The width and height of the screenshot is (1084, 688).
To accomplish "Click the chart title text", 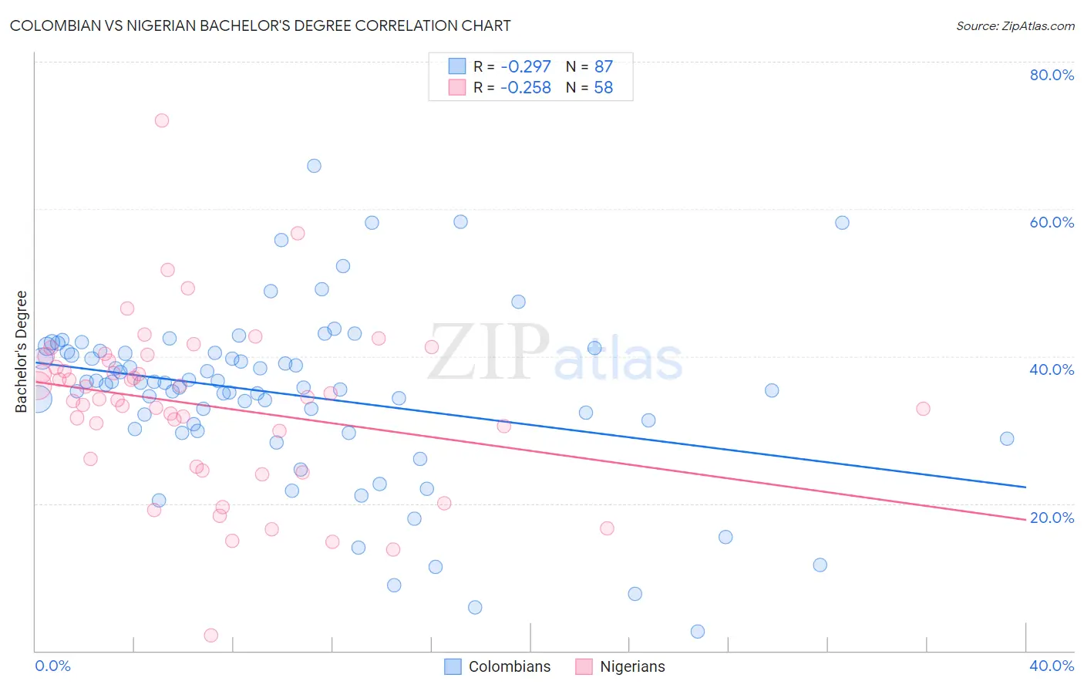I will tap(260, 26).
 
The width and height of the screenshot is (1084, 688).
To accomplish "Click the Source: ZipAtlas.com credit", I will tap(1015, 26).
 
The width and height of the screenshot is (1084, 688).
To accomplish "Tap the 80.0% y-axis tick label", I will tap(1052, 75).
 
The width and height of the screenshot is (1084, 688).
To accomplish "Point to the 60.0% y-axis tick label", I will tap(1052, 222).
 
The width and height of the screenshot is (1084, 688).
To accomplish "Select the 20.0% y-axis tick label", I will tap(1052, 518).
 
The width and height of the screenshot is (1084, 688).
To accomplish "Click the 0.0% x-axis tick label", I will tap(52, 666).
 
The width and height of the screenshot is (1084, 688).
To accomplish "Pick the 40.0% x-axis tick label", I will tap(1052, 666).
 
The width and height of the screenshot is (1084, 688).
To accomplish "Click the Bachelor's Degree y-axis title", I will tap(22, 352).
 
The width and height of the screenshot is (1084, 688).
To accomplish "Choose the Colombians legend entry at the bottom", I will tap(498, 666).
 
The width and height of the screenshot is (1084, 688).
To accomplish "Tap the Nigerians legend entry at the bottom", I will tap(621, 666).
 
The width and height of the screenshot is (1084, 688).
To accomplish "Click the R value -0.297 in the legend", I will tap(525, 67).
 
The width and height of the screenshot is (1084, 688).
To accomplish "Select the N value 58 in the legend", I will tap(603, 88).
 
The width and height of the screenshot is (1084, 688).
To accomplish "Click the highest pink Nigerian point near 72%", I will tap(161, 120).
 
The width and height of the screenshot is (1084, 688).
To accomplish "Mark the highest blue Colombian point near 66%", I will tap(314, 166).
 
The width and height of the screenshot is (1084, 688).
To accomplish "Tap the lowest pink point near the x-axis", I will tap(210, 636).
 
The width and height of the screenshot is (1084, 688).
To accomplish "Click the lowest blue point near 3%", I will tap(698, 632).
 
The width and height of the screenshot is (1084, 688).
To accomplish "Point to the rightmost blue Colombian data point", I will tap(1007, 439).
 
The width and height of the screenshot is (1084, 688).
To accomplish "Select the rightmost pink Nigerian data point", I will tap(923, 409).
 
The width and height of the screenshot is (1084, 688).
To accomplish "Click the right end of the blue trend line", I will tap(1025, 487).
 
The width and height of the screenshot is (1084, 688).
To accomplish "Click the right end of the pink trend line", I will tap(1025, 520).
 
